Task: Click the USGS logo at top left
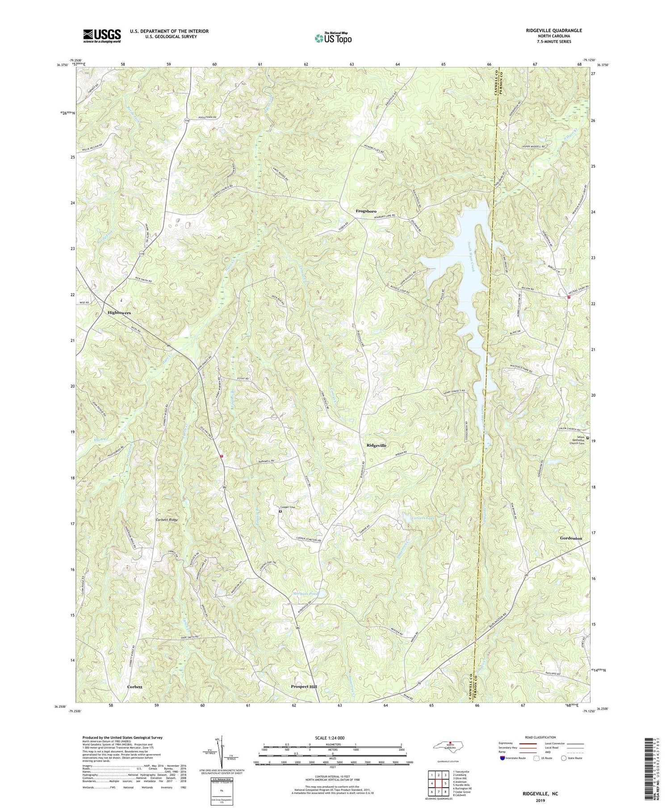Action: (x=102, y=36)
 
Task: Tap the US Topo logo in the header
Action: (x=333, y=38)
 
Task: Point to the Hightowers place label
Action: (x=119, y=313)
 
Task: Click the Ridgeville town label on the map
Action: (x=376, y=445)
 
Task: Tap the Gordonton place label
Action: (x=571, y=538)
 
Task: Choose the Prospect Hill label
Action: (x=304, y=686)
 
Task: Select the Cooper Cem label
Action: (x=288, y=507)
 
